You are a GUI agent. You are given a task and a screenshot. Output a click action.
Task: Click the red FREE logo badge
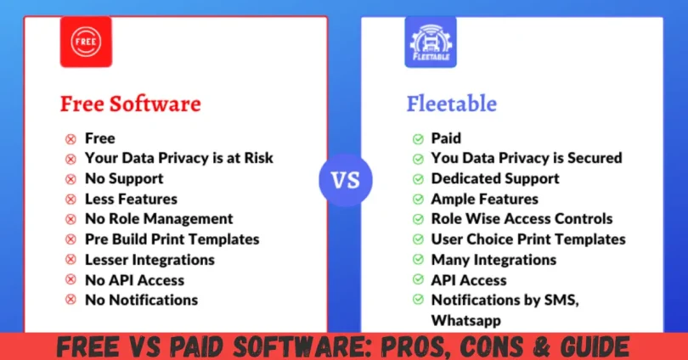pyautogui.click(x=86, y=42)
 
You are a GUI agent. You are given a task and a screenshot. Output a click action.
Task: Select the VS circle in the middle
pyautogui.click(x=345, y=180)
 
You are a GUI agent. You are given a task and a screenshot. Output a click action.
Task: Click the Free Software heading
pyautogui.click(x=130, y=104)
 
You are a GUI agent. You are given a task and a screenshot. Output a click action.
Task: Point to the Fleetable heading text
pyautogui.click(x=451, y=104)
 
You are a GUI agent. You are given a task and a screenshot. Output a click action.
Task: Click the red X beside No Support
pyautogui.click(x=70, y=179)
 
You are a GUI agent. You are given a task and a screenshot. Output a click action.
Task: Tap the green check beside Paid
pyautogui.click(x=418, y=138)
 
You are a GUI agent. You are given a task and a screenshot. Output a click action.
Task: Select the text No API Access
pyautogui.click(x=134, y=280)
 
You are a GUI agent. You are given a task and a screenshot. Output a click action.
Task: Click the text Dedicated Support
pyautogui.click(x=495, y=179)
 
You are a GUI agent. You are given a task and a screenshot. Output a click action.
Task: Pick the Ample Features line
pyautogui.click(x=484, y=200)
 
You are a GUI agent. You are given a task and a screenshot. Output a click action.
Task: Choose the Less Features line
pyautogui.click(x=131, y=200)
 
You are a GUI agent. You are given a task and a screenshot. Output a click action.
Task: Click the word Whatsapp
pyautogui.click(x=466, y=320)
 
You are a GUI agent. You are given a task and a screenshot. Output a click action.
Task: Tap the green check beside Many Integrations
pyautogui.click(x=418, y=260)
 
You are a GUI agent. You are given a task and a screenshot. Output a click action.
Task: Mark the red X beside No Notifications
pyautogui.click(x=70, y=301)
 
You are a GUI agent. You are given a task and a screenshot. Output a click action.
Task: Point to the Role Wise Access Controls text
pyautogui.click(x=521, y=219)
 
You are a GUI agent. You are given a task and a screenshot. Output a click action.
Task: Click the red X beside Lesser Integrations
pyautogui.click(x=70, y=260)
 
